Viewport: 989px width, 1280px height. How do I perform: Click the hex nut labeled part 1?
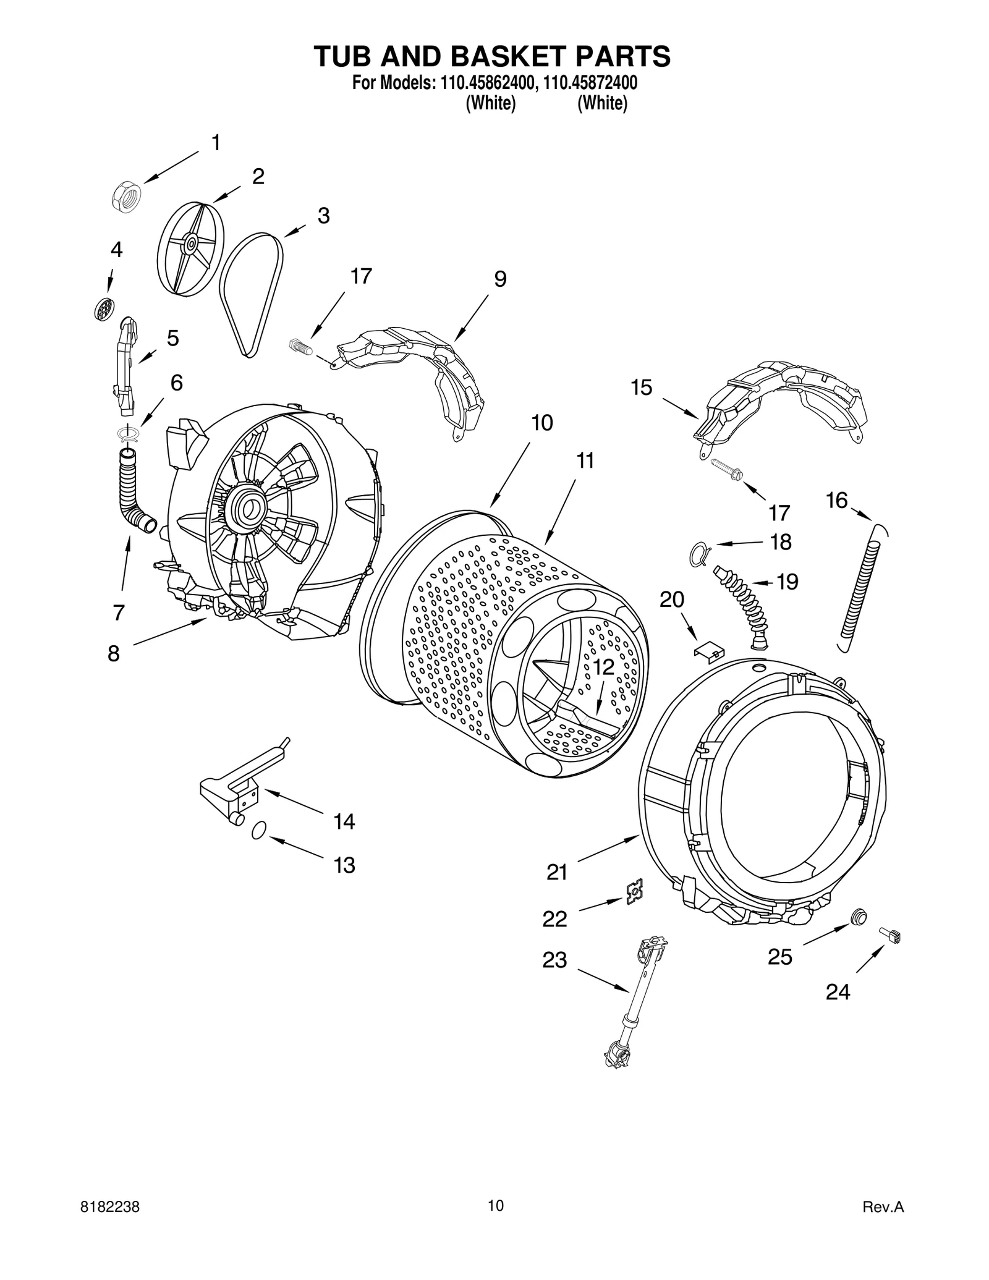pyautogui.click(x=127, y=198)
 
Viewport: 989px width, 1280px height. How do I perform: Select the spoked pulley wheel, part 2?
pyautogui.click(x=190, y=245)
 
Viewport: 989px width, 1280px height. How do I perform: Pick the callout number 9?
pyautogui.click(x=500, y=279)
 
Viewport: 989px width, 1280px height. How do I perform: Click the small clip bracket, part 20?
pyautogui.click(x=709, y=649)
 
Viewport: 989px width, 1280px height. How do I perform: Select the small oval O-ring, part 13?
pyautogui.click(x=259, y=830)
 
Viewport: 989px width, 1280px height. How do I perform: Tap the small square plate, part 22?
pyautogui.click(x=634, y=892)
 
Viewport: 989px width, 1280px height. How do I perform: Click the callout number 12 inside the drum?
pyautogui.click(x=603, y=667)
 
